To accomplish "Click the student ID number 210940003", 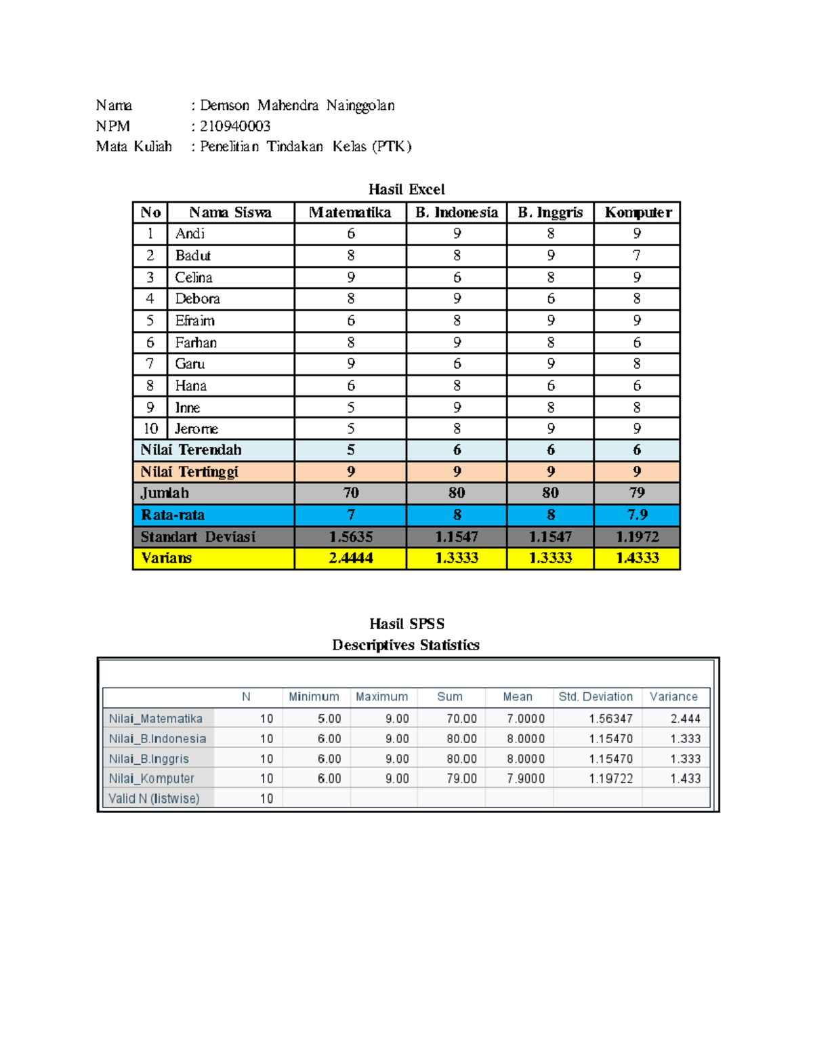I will click(235, 126).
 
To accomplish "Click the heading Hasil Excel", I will click(406, 189).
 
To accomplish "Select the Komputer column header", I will click(638, 212).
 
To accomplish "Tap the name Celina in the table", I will click(194, 277).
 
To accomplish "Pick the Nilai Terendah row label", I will click(191, 450).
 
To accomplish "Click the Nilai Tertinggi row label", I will click(190, 472).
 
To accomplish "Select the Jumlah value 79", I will click(637, 493).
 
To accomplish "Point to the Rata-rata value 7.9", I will click(637, 515).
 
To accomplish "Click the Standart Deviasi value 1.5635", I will click(350, 537).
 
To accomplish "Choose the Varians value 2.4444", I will click(350, 558).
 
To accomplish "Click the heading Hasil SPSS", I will click(406, 624).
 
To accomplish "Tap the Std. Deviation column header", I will click(596, 697).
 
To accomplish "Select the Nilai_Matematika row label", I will click(156, 719).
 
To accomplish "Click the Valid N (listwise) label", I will click(154, 799).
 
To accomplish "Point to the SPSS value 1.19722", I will click(610, 779).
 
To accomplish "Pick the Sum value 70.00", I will click(461, 719).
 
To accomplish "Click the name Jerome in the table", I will click(196, 429).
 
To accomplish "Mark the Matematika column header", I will click(350, 212).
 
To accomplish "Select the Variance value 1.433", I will click(685, 779).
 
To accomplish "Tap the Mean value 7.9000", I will click(525, 779).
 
